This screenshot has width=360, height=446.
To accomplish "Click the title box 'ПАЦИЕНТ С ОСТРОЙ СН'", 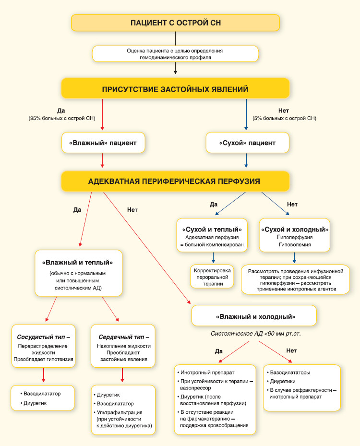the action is point(175,23).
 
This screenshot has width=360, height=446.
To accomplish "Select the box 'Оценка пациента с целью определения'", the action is point(175,54).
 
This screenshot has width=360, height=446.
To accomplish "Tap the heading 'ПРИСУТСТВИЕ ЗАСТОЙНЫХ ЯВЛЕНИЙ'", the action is point(175,89).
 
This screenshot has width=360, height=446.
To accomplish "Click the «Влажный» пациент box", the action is point(103,143).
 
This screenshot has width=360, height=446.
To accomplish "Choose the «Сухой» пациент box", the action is point(247,143).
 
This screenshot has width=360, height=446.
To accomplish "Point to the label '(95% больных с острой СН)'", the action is point(62,118).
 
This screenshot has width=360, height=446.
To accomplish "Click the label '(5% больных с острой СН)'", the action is point(284,118).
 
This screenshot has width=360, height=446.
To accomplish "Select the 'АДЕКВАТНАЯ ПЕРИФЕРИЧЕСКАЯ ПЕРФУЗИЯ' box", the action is point(175,181).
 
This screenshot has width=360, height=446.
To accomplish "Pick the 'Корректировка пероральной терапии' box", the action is point(212,277).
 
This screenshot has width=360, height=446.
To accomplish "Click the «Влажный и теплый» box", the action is point(79,273).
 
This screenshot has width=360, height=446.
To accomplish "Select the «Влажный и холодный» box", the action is point(254,316).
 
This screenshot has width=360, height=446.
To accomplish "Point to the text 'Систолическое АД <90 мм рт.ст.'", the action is point(256,334).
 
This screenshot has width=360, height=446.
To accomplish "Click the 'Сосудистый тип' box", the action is point(44,346).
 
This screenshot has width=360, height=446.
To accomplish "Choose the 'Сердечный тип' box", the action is point(123,346).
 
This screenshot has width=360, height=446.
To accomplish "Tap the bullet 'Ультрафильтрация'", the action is point(120,412).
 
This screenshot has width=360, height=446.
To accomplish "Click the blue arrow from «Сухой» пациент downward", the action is point(246,160).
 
